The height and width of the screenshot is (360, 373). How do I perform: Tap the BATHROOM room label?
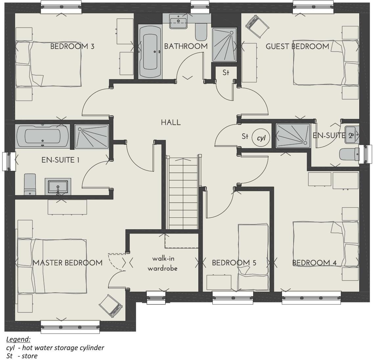coord(186,46)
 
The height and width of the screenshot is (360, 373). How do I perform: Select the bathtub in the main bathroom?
coord(150,52)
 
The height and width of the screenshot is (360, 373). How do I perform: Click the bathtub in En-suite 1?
coord(42,136)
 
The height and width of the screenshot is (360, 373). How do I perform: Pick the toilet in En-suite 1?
coord(30,185)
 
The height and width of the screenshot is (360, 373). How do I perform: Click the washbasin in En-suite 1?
coord(58,187)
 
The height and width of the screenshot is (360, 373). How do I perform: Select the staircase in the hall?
coord(183,193)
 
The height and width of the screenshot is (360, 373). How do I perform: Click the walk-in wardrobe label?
coord(163,263)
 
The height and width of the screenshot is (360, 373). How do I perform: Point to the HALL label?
coord(171,123)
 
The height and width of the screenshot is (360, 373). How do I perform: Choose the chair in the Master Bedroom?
coord(111,304)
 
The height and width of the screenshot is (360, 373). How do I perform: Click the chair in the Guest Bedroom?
coord(257,26)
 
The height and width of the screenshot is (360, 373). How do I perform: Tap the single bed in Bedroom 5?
coord(253,257)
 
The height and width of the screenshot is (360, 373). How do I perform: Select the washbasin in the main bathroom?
coord(178,21)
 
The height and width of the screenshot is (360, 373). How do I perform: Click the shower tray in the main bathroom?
coord(224,44)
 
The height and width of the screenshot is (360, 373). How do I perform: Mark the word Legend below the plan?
coord(18,339)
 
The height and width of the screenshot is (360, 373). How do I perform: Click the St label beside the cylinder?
coord(245,136)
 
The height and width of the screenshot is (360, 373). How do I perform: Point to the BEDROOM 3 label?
coord(72,46)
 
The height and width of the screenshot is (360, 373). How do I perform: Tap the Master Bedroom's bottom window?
coord(70,326)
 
